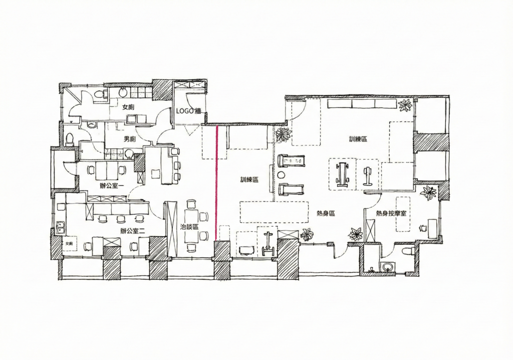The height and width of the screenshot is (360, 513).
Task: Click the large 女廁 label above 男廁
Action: [128, 107]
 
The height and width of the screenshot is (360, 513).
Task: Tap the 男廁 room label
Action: [130, 139]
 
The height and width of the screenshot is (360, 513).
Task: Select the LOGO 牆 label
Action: [189, 111]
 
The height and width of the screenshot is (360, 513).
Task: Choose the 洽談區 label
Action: [189, 227]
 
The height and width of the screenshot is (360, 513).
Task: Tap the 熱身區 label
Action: [326, 213]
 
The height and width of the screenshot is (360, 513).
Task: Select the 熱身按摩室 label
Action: [391, 213]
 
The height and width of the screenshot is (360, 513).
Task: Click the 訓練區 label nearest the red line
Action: [249, 179]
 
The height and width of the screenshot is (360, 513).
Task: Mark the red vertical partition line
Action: [216, 184]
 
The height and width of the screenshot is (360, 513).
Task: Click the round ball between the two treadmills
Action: [282, 174]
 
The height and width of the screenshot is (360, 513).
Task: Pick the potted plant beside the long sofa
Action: [405, 105]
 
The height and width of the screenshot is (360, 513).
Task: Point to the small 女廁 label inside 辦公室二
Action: [69, 244]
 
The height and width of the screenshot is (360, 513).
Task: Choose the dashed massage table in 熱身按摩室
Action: [403, 214]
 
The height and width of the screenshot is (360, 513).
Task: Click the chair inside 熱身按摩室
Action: [423, 227]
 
